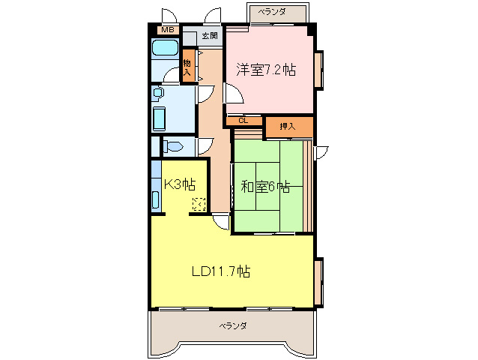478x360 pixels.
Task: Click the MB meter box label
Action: click(x=167, y=30)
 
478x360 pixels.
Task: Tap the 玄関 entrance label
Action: click(x=209, y=35)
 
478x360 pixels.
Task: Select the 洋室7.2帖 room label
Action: click(x=266, y=70)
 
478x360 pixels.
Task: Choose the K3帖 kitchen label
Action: click(x=180, y=184)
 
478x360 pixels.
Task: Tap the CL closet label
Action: click(x=243, y=120)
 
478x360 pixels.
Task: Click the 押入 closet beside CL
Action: click(x=287, y=126)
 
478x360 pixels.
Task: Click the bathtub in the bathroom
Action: click(x=164, y=49)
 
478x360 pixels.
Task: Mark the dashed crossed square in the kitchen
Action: click(x=199, y=203)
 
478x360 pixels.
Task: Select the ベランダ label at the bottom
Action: click(x=233, y=325)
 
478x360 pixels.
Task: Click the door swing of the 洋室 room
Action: click(x=233, y=94)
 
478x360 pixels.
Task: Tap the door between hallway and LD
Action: click(x=220, y=220)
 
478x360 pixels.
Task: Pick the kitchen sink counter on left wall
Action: click(x=155, y=191)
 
